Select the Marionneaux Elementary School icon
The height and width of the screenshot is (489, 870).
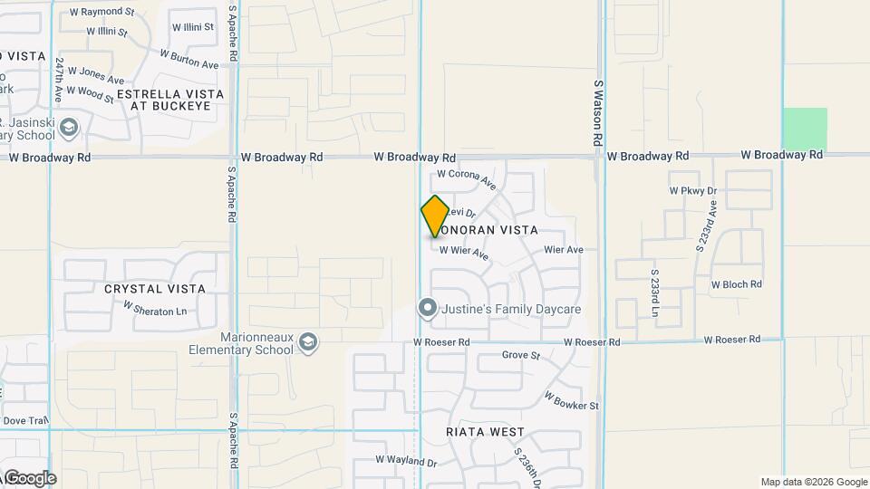[309, 341]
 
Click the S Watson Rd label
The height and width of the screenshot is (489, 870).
[598, 113]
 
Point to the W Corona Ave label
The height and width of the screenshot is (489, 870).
[467, 177]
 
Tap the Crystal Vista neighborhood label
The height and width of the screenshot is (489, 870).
[155, 289]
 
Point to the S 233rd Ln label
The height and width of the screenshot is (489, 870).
[654, 292]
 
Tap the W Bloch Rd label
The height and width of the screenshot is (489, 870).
[736, 284]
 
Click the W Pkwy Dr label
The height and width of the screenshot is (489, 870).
[692, 191]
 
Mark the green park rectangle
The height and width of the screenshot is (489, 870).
[805, 129]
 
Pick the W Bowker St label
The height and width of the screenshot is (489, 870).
[572, 400]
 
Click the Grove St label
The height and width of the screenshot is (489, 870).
[521, 355]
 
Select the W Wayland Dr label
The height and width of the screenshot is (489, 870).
[406, 461]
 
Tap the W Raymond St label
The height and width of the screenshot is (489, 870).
[101, 13]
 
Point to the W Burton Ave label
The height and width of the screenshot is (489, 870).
[189, 59]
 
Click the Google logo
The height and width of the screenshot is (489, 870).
[29, 478]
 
